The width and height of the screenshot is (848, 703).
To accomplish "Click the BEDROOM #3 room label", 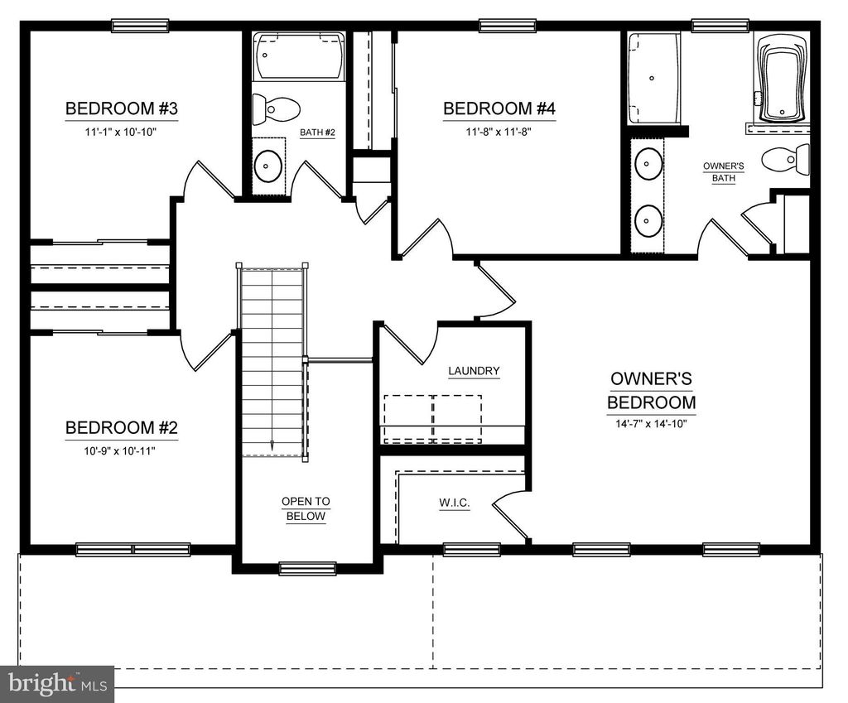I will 122,108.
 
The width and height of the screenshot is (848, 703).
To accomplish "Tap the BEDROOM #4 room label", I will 499,108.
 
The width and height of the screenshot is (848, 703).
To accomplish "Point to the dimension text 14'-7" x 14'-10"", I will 651,424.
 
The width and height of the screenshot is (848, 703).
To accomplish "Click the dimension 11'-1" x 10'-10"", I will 122,132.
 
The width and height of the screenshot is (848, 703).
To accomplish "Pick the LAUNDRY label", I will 474,371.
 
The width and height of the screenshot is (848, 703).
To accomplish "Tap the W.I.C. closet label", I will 455,503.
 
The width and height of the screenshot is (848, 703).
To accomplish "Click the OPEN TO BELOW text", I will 306,508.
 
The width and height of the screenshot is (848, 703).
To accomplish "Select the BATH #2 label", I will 317,132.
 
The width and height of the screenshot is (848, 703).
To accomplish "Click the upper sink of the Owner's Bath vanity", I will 647,163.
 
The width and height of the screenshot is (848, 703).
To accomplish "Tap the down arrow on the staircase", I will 272,444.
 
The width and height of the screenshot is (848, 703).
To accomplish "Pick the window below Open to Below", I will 307,568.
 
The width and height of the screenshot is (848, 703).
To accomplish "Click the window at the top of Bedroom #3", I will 139,25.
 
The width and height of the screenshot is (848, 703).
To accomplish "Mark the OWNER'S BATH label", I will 724,172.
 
